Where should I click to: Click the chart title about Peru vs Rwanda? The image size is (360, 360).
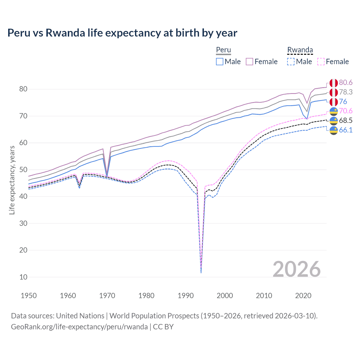pos(122,33)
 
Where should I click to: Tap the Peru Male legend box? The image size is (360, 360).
pos(220,62)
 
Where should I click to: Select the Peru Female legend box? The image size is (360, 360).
pos(249,62)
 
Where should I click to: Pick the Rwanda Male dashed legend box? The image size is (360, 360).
pos(291,62)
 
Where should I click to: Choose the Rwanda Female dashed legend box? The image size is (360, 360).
pos(321,62)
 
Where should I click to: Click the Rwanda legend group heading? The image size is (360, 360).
pos(300,50)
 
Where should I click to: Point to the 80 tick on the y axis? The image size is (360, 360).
pos(23,89)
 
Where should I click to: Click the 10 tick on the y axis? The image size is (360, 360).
pos(23,277)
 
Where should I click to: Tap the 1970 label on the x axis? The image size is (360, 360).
pos(107,296)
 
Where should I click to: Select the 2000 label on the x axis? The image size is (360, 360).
pos(225,296)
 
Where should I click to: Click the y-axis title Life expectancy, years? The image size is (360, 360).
pos(12,180)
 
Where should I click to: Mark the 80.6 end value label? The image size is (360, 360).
pos(346,82)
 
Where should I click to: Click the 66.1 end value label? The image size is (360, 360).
pos(346,130)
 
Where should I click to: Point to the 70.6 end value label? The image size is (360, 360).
pos(346,111)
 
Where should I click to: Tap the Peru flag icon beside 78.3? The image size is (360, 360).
pos(334,92)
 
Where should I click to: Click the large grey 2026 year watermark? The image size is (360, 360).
pos(296,269)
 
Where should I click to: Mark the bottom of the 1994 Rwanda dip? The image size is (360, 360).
pos(201,272)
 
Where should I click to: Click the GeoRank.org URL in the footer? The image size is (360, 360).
pos(79,327)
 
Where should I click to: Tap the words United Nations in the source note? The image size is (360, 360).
pos(80,316)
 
